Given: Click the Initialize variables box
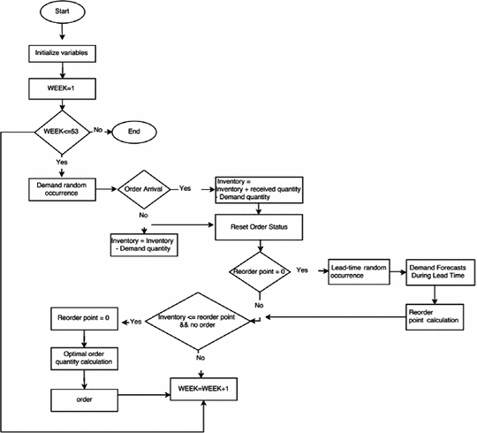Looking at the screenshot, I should pos(61,53).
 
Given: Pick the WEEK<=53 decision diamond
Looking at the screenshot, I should pos(62,133).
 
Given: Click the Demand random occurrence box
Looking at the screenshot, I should pos(61,188).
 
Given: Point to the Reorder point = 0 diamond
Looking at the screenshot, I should pos(259,270).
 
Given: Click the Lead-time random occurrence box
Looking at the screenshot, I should pos(358,270).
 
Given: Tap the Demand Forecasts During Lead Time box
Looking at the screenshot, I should pos(441,270).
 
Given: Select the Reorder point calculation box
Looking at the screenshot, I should pos(441,315).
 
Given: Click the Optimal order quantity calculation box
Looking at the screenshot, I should pos(83,357).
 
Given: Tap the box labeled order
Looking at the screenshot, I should pos(83,397).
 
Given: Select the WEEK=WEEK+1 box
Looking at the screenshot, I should pos(208,387).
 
